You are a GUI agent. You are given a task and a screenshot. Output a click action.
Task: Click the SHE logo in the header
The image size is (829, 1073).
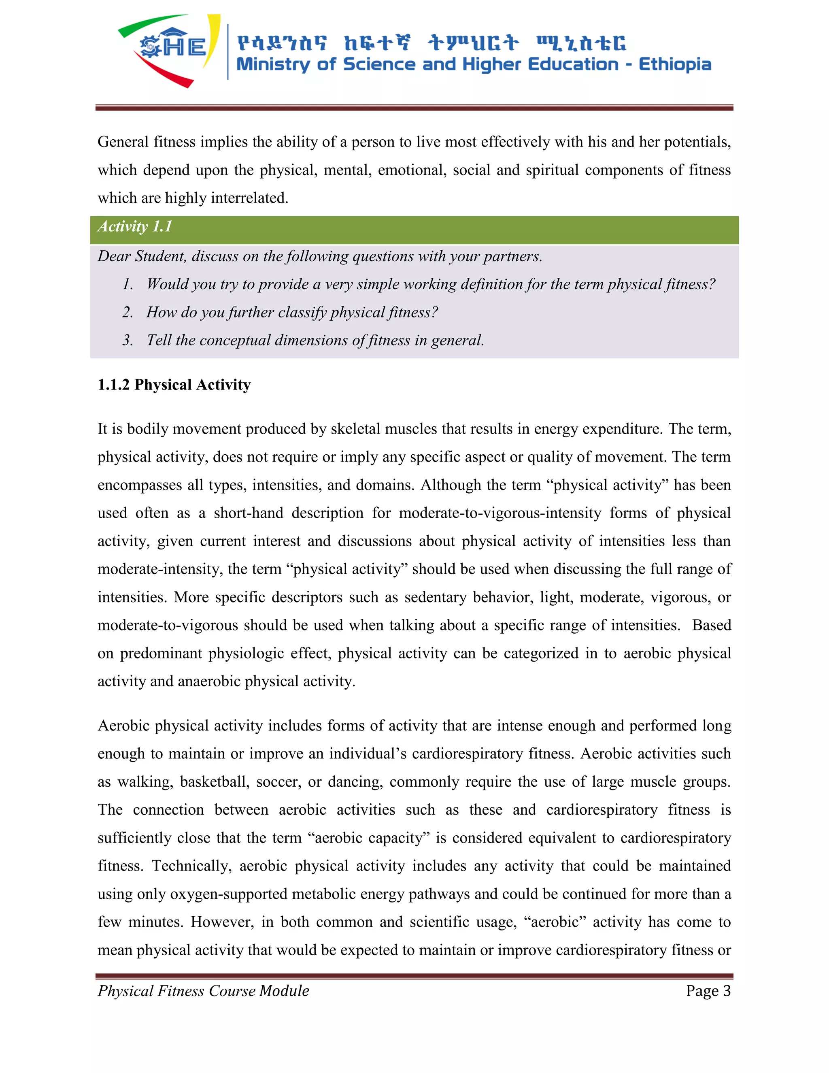coord(170,49)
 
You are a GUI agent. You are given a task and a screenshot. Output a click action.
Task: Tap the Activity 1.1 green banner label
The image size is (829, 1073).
coord(134,226)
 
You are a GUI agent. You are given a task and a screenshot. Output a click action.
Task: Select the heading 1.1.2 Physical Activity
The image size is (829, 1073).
coord(174,385)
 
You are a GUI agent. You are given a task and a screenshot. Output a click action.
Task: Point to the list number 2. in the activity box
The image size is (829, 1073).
coord(128,313)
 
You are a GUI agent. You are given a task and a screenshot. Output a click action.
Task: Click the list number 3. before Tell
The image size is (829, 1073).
coord(128,341)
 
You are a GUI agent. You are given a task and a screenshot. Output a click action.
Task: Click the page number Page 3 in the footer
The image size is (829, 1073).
coord(708,991)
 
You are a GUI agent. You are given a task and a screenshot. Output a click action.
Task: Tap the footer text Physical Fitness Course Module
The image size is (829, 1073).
coord(203,991)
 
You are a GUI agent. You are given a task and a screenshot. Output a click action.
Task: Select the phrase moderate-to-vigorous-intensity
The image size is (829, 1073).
coord(500,513)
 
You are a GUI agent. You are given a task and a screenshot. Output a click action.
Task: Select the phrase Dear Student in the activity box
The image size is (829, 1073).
coord(141,256)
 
